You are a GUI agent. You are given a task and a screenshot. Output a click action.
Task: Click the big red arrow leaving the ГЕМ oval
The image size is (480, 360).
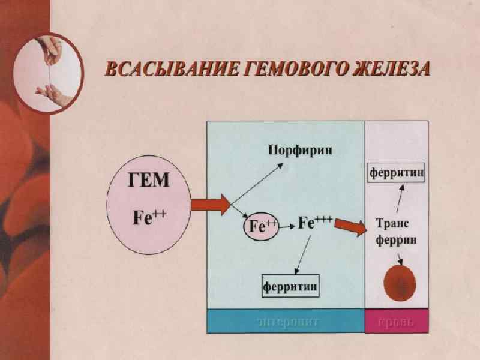[x=210, y=205]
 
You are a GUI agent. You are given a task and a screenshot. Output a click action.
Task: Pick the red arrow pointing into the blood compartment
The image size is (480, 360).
[x=352, y=228]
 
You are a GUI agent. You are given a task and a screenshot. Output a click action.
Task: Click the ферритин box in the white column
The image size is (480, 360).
[x=397, y=173]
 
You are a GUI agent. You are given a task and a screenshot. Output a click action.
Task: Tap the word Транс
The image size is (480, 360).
[x=392, y=223]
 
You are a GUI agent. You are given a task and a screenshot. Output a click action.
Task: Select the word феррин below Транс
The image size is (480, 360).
[x=395, y=240]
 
